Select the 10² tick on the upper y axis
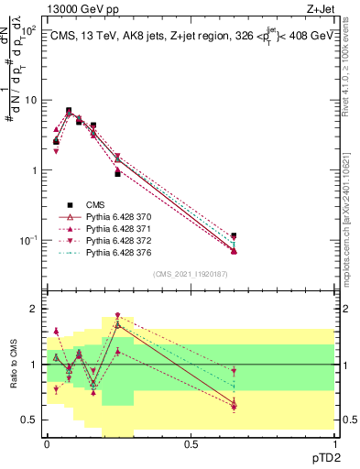click(x=31, y=30)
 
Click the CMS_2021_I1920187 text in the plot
click(x=190, y=273)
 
